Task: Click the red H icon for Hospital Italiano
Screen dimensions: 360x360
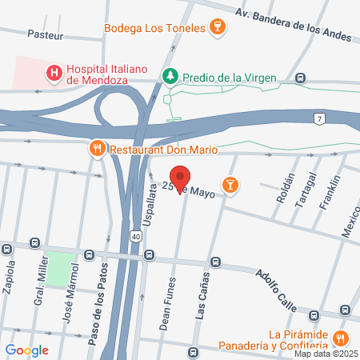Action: point(54,74)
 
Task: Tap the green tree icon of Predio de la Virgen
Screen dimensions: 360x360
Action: point(170,77)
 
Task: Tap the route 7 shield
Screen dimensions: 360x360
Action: point(319,119)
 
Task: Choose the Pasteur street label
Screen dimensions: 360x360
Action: point(45,34)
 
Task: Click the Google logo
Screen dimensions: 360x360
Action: point(26,350)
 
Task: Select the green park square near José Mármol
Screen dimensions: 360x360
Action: point(58,269)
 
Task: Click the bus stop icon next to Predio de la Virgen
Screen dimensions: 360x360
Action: point(300,78)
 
